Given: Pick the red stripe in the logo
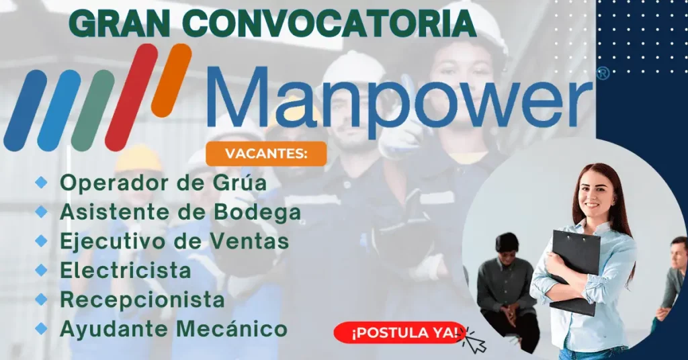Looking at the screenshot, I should click(x=134, y=97).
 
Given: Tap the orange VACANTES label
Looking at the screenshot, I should click(x=266, y=153).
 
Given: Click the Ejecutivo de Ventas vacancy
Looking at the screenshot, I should click(x=174, y=240).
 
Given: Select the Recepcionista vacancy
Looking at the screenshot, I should click(x=142, y=300).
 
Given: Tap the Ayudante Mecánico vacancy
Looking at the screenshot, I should click(x=174, y=329).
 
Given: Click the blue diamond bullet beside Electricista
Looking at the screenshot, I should click(x=42, y=270).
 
